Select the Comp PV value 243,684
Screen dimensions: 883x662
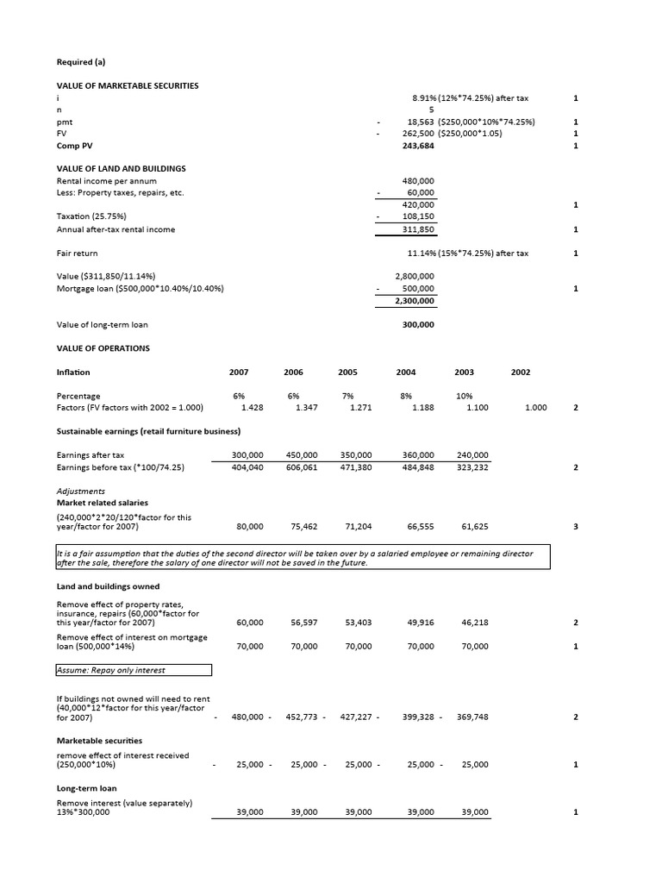coord(418,146)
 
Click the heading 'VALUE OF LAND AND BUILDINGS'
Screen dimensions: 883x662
coord(121,168)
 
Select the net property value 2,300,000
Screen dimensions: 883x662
coord(415,300)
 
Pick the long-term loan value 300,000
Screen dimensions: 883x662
coord(418,325)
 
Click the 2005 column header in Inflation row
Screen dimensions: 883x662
coord(347,372)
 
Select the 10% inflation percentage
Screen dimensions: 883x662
coord(464,396)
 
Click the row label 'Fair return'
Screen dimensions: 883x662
coord(78,254)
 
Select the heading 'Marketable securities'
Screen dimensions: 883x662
coord(99,741)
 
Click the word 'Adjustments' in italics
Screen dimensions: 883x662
coord(81,491)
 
